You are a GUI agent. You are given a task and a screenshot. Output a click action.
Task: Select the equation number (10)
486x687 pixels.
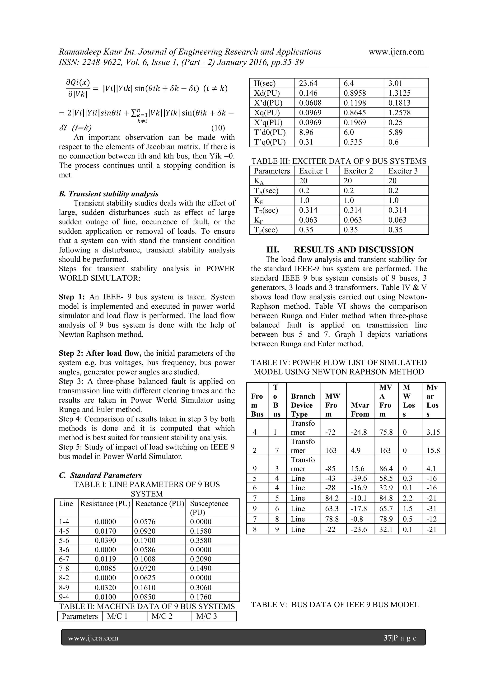click(x=218, y=128)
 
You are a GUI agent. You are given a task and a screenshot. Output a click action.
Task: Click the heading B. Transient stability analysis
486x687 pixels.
click(x=109, y=194)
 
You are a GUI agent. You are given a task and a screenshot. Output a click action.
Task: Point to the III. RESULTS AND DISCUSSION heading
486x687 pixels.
click(x=340, y=250)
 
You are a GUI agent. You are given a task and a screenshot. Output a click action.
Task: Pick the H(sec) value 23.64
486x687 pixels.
click(x=308, y=83)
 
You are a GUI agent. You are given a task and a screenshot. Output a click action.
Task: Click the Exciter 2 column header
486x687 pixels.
click(x=358, y=171)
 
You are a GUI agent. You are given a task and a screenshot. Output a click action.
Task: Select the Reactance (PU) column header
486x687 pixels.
click(x=159, y=504)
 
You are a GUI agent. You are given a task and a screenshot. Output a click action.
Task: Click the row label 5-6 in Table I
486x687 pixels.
click(x=64, y=540)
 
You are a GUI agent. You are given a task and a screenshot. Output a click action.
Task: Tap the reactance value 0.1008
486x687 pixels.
click(x=145, y=559)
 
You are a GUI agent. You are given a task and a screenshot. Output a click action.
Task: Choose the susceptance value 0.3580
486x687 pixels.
click(x=201, y=540)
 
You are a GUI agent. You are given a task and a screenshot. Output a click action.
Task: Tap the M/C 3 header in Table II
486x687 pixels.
click(x=206, y=616)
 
